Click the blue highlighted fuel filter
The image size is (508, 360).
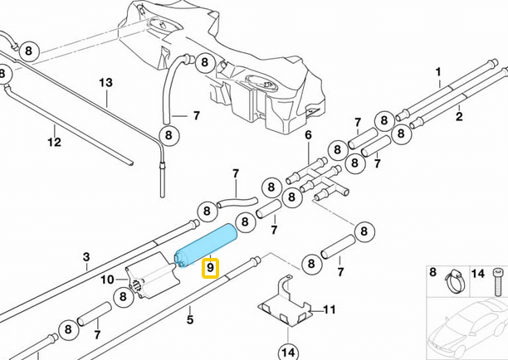(207, 246)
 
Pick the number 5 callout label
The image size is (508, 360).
(307, 135)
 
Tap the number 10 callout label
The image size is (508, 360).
(330, 309)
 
